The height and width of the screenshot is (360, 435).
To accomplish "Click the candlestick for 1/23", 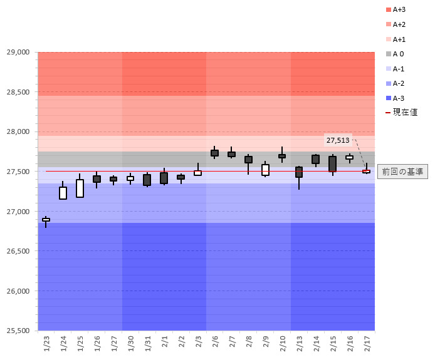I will click(46, 220).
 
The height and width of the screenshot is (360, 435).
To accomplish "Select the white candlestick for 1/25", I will click(80, 188).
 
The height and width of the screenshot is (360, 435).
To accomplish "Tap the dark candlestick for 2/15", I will click(332, 164).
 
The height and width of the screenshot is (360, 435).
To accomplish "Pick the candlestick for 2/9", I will click(265, 170).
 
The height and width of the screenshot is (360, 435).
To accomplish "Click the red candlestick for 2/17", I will click(366, 171).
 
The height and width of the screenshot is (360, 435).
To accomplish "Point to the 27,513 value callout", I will click(338, 140).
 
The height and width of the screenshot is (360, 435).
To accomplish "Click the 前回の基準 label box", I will click(402, 172).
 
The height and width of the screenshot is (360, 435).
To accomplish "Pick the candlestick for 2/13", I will click(299, 172).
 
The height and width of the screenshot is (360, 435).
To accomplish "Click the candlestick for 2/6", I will click(214, 153).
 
